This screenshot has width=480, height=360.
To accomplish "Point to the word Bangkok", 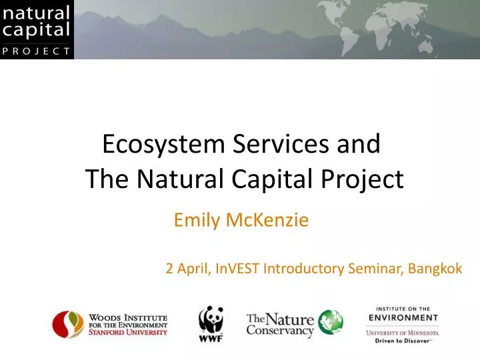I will [x=435, y=269].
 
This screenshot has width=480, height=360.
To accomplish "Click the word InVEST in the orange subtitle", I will [x=238, y=269].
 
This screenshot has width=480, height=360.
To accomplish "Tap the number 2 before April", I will [x=169, y=269].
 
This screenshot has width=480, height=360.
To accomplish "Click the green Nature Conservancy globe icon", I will [x=330, y=322].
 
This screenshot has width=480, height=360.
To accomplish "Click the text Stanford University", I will [x=128, y=331].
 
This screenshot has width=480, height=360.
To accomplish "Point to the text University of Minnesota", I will [x=402, y=332].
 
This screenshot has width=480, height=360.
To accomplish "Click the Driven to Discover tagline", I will [x=402, y=340].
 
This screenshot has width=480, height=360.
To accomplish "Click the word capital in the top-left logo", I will [x=37, y=29].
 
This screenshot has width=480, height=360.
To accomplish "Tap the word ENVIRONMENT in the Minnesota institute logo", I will [x=402, y=318].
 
